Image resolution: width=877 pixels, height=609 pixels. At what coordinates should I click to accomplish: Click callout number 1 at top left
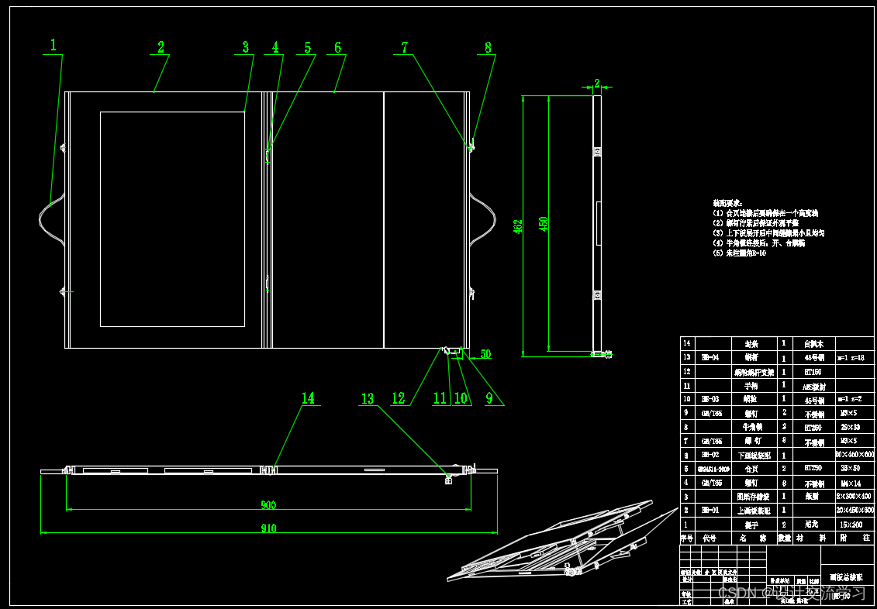[53, 46]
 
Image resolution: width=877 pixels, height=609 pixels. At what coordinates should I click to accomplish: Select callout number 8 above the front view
[488, 47]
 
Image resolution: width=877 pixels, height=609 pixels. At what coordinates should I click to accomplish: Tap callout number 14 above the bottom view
[308, 398]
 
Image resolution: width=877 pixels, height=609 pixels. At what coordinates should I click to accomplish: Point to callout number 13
[367, 399]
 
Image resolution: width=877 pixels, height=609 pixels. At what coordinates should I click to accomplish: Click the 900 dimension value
[268, 505]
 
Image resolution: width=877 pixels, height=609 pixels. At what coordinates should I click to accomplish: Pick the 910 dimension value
[268, 528]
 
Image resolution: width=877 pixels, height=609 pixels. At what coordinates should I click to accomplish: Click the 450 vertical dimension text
[544, 223]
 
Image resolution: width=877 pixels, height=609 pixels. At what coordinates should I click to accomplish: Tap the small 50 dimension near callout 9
[485, 354]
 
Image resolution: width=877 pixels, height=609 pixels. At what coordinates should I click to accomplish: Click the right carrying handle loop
[485, 219]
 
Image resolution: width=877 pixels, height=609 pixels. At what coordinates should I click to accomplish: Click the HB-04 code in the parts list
[710, 358]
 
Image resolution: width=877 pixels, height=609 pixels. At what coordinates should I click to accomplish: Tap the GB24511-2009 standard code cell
[713, 469]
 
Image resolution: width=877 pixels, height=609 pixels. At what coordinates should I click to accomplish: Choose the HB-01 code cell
[710, 511]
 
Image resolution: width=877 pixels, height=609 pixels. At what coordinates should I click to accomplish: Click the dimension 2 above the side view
[596, 82]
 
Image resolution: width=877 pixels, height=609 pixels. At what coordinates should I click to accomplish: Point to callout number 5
[307, 48]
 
